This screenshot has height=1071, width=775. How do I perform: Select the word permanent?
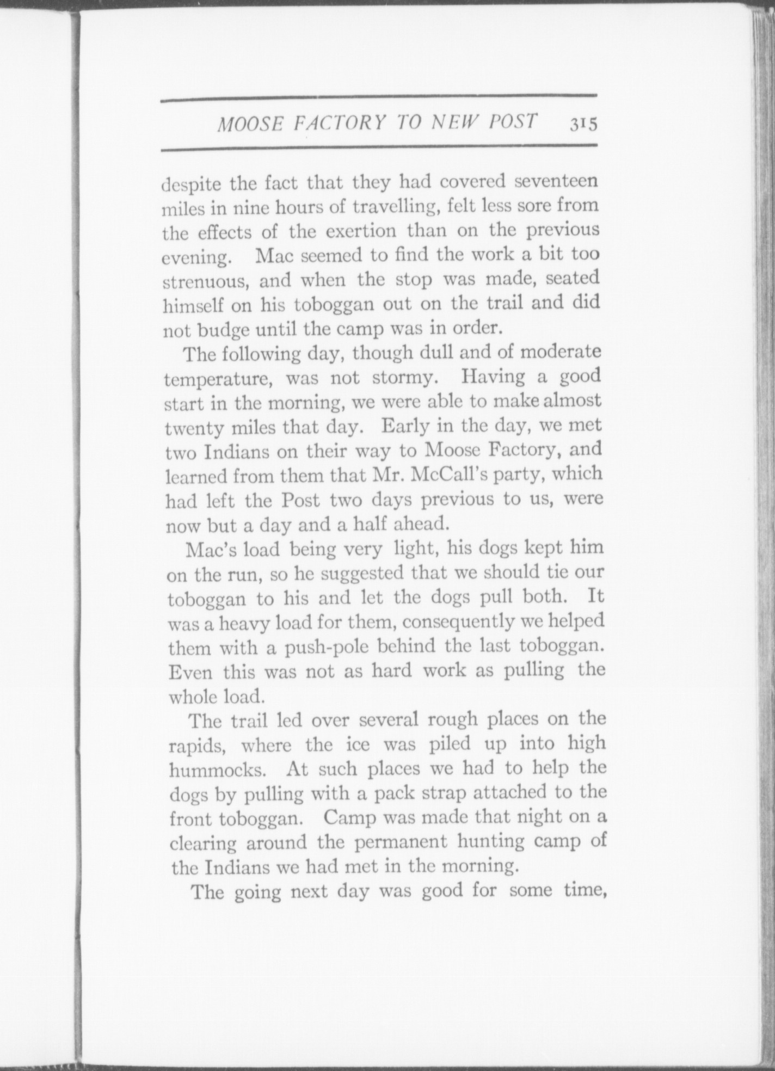[x=401, y=842]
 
